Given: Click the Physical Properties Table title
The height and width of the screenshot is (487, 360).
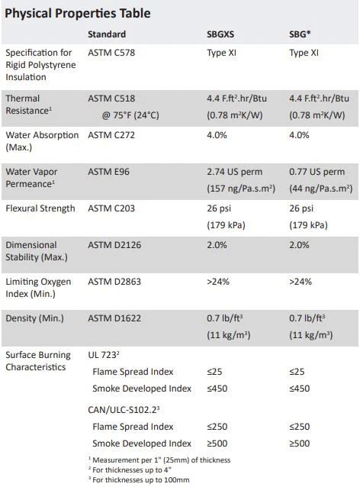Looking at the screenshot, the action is point(78,13).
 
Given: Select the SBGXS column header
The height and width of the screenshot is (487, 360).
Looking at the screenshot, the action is point(220,34).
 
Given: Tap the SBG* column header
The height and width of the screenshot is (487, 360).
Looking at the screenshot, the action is point(300,34).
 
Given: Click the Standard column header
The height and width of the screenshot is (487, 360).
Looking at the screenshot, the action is point(107,34).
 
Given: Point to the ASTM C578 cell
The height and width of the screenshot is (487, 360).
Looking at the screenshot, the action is point(111,53).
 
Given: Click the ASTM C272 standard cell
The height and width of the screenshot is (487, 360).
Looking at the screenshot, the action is point(111,135).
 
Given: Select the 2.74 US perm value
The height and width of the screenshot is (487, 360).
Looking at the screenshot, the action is point(235,172).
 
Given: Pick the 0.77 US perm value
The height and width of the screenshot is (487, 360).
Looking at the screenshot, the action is point(317,172).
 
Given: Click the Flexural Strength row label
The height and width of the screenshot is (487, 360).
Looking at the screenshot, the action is point(40,208).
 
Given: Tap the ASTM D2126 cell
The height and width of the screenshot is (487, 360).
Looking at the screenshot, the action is point(114,245).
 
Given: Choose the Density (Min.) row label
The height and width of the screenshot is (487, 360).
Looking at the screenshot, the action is point(35,318).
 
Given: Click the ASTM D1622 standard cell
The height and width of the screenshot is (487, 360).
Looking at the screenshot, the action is point(114,318).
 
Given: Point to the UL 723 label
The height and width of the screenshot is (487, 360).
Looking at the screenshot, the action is point(104,355).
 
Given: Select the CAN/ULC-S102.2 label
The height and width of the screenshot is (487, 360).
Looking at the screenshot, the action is point(124,410).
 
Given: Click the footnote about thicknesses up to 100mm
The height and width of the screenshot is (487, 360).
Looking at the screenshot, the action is point(139,480).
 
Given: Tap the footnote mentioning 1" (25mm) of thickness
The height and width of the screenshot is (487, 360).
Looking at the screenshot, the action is point(159,460).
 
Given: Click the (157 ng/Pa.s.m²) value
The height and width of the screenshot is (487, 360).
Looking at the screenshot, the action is point(241,189).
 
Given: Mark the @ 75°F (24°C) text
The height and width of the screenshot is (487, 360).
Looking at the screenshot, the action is point(130,115).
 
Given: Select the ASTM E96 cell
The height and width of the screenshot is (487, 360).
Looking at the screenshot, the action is point(108,172).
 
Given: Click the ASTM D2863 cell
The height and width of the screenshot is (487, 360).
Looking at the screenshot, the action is point(114,282).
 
